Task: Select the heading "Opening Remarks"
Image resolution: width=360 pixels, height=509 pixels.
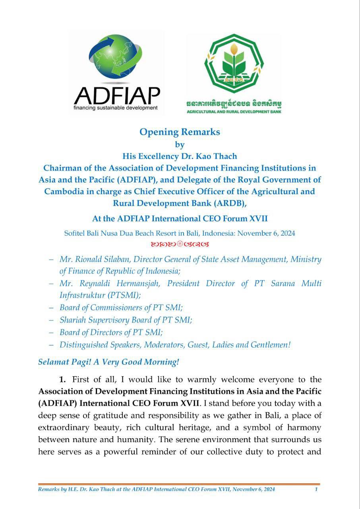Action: [x=180, y=132]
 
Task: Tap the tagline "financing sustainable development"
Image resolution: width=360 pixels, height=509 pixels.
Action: [x=116, y=108]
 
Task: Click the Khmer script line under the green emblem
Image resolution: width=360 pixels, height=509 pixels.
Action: [x=234, y=105]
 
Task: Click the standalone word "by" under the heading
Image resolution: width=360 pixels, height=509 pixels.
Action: [x=180, y=145]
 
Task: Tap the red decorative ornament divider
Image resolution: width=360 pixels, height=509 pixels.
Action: [x=180, y=244]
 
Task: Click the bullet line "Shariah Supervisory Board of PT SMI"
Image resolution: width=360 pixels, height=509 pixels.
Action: [x=126, y=320]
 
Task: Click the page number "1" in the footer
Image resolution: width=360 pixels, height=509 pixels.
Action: [x=316, y=490]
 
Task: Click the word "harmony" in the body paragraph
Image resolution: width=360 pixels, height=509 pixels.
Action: [x=306, y=427]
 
